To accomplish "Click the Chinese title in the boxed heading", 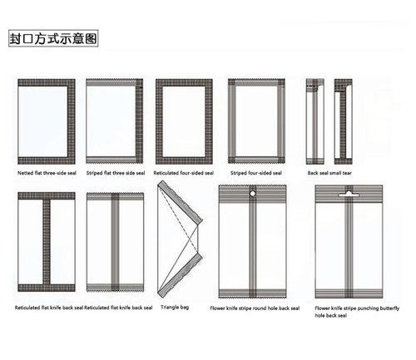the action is pyautogui.click(x=53, y=38).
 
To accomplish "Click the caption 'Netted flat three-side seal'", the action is pyautogui.click(x=47, y=173).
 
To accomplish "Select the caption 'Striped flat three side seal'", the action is pyautogui.click(x=116, y=173).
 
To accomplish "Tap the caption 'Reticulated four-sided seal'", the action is pyautogui.click(x=184, y=173).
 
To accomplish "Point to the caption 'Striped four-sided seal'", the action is pyautogui.click(x=256, y=173).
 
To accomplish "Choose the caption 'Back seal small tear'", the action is pyautogui.click(x=329, y=173).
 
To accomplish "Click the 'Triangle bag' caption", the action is pyautogui.click(x=175, y=307).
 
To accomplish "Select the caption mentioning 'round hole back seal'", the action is pyautogui.click(x=255, y=308).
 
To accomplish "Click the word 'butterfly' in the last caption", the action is pyautogui.click(x=389, y=308).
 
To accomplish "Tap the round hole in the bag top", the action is pyautogui.click(x=252, y=194).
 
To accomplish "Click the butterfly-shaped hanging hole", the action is pyautogui.click(x=349, y=194).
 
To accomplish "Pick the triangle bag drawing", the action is pyautogui.click(x=180, y=239).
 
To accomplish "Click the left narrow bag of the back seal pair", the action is pyautogui.click(x=315, y=121).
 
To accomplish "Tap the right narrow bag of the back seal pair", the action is pyautogui.click(x=344, y=121).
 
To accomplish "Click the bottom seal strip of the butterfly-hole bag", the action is pyautogui.click(x=349, y=293).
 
